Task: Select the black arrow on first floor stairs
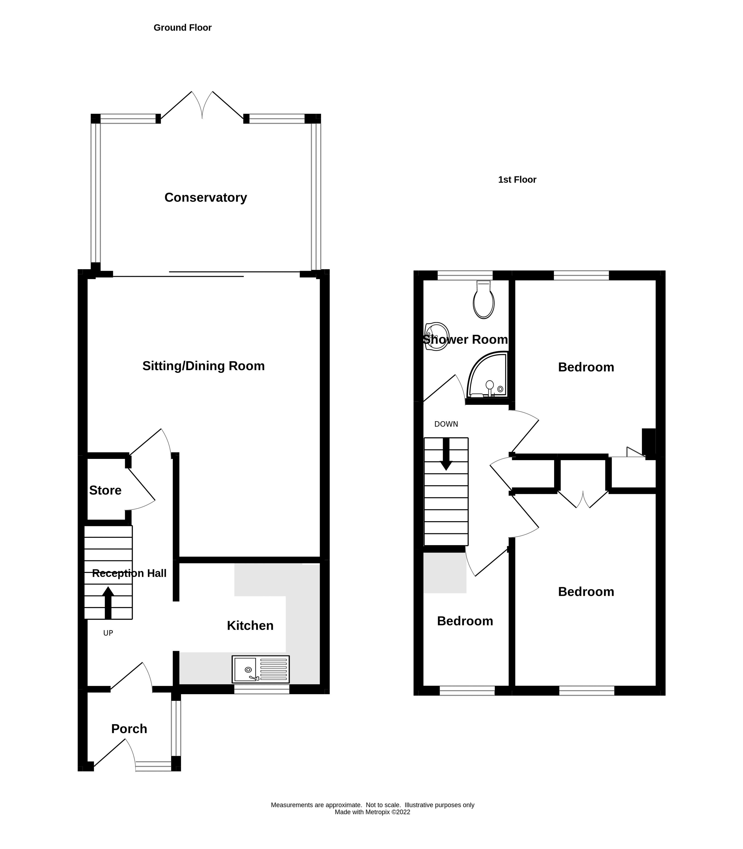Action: (446, 454)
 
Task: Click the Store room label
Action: (105, 490)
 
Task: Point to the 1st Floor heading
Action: (517, 179)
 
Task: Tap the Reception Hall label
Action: (129, 573)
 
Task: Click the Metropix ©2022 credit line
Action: (372, 812)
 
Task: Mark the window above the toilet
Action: (465, 275)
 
